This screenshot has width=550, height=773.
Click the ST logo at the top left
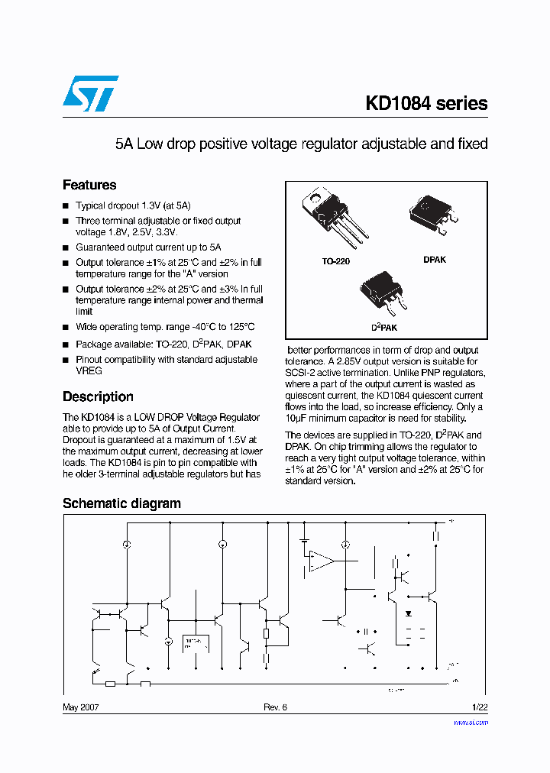[x=90, y=93]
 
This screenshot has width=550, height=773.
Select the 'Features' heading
[x=89, y=185]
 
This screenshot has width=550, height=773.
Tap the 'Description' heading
[x=98, y=396]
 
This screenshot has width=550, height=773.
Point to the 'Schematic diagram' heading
[x=121, y=503]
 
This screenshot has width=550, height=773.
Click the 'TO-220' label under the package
[x=335, y=261]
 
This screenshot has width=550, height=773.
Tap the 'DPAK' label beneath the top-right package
[x=435, y=260]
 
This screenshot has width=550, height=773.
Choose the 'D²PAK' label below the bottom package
[x=384, y=327]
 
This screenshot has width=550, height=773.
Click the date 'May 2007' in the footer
[x=80, y=707]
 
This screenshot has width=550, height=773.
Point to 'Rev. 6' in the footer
[x=275, y=707]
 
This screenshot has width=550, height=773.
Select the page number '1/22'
[x=479, y=707]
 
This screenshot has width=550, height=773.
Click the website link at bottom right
[x=471, y=722]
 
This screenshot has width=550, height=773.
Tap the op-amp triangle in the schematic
[x=322, y=561]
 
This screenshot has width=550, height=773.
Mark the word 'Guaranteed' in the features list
[x=99, y=247]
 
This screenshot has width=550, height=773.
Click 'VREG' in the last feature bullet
[x=89, y=370]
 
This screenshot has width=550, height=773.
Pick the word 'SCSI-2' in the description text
[x=300, y=372]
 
